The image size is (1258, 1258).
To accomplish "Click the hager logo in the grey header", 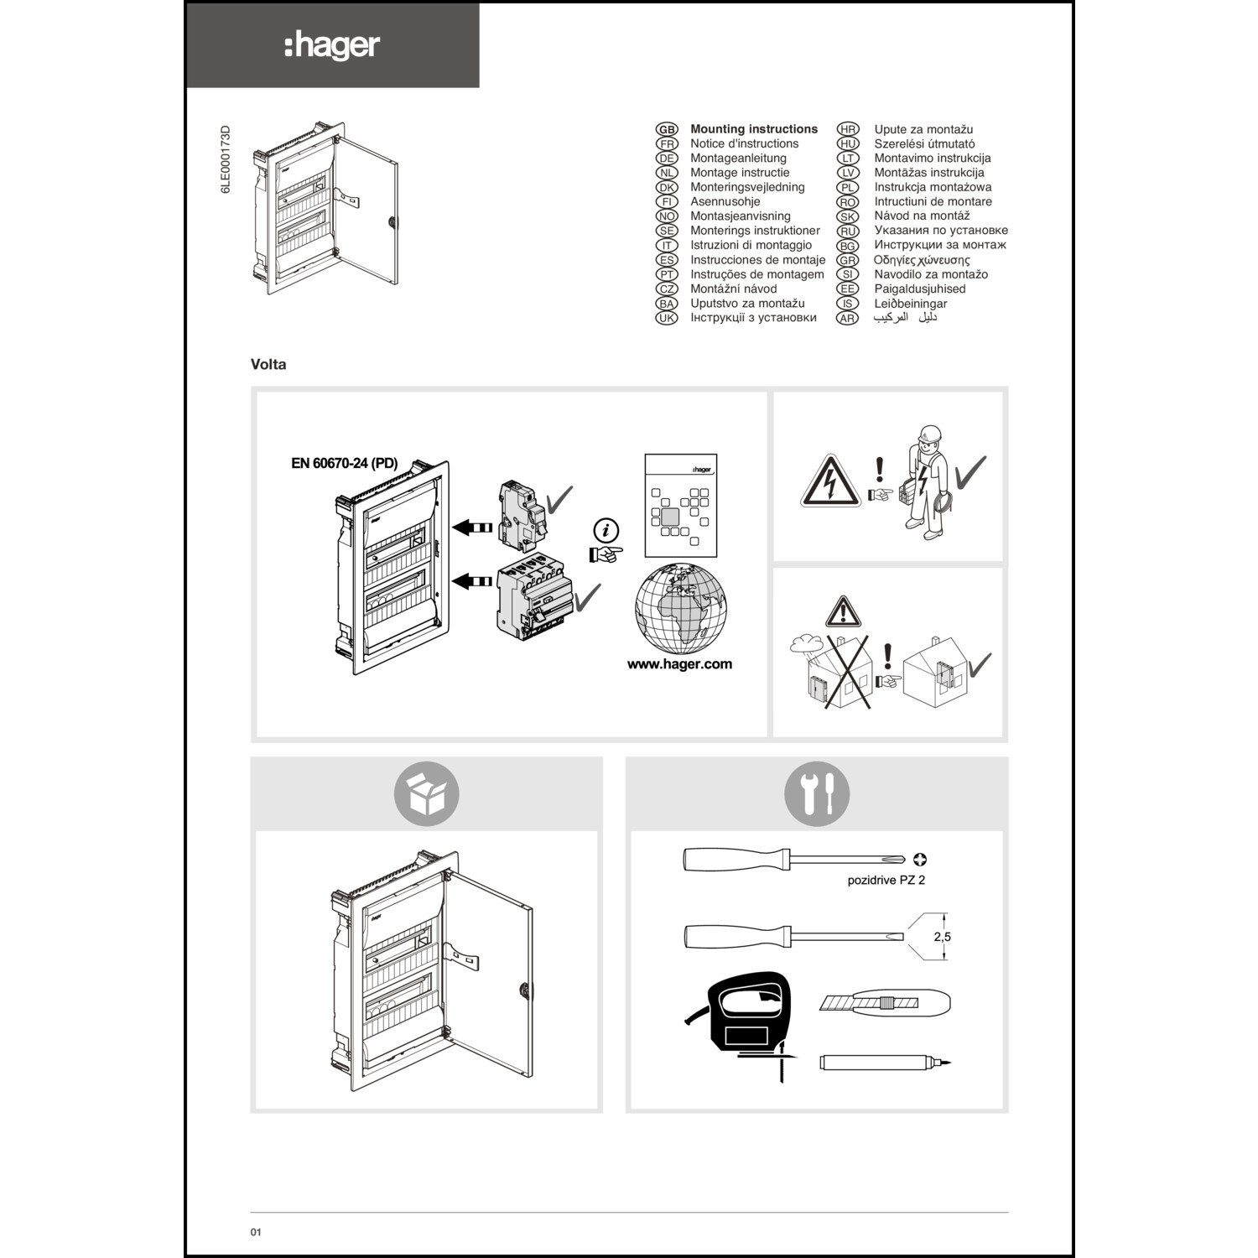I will pyautogui.click(x=332, y=46).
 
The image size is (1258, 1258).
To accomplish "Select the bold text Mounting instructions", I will pyautogui.click(x=753, y=129).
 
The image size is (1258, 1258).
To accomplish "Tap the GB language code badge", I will pyautogui.click(x=667, y=129).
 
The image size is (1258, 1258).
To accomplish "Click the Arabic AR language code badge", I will pyautogui.click(x=848, y=318).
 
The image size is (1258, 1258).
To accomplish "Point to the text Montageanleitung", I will pyautogui.click(x=738, y=158).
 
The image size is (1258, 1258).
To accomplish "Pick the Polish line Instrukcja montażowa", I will pyautogui.click(x=933, y=187).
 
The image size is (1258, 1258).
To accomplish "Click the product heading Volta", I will pyautogui.click(x=268, y=364).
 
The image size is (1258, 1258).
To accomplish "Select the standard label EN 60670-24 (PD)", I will pyautogui.click(x=344, y=463).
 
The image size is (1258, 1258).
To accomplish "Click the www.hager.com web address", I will pyautogui.click(x=679, y=663).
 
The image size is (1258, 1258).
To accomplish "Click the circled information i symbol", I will pyautogui.click(x=606, y=530).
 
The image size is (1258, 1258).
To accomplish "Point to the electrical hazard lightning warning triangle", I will pyautogui.click(x=830, y=483).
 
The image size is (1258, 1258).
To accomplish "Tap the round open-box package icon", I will pyautogui.click(x=427, y=793).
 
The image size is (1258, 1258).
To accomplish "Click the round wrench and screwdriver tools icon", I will pyautogui.click(x=817, y=793).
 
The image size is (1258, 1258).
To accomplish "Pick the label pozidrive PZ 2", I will pyautogui.click(x=886, y=880).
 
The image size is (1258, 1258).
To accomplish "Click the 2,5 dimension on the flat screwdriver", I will pyautogui.click(x=943, y=937).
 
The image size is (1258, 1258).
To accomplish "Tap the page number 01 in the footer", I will pyautogui.click(x=256, y=1232).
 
